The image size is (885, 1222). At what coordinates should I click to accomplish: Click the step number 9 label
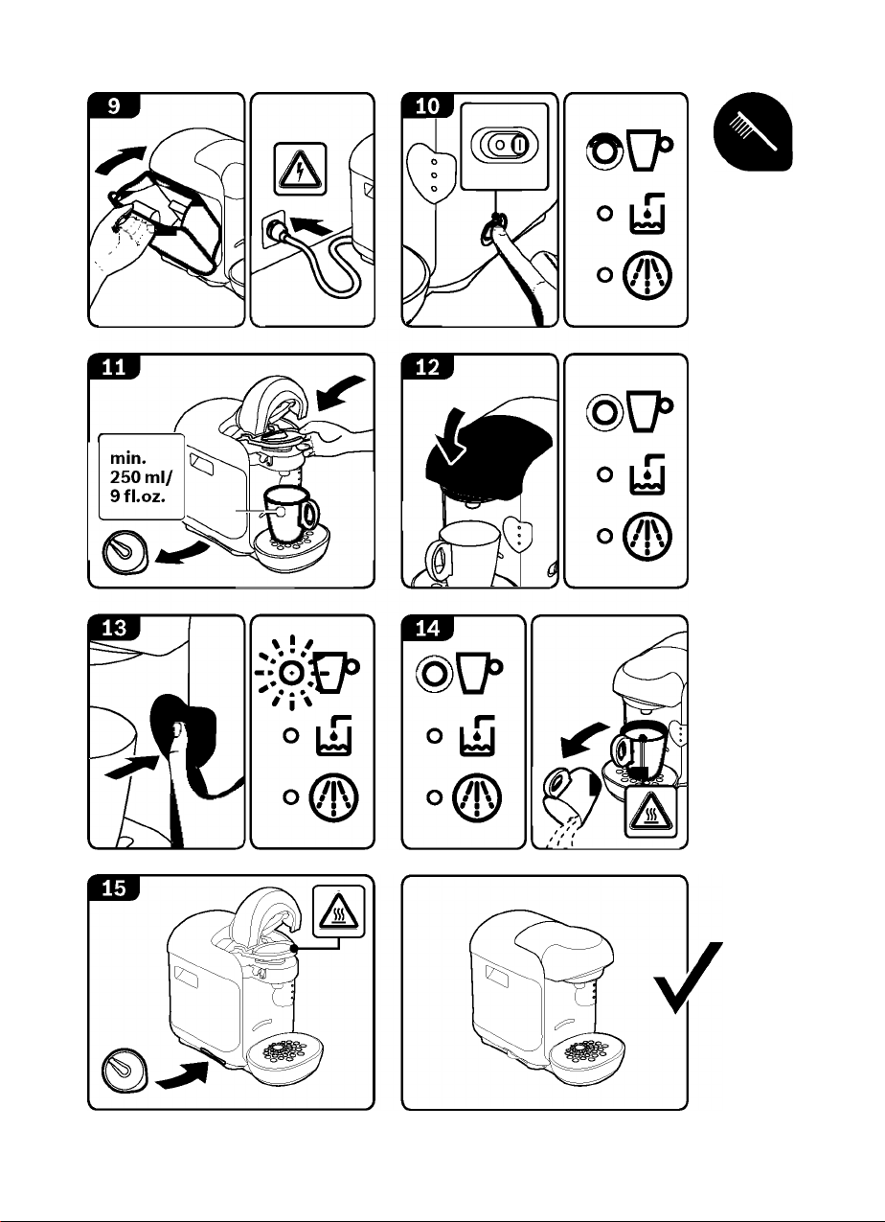pos(114,105)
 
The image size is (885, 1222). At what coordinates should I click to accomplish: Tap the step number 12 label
pos(427,366)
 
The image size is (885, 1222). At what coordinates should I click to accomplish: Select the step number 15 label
pos(114,888)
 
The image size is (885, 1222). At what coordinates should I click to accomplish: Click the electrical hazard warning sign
pos(300,169)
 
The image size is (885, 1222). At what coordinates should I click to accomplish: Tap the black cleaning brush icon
pos(753,131)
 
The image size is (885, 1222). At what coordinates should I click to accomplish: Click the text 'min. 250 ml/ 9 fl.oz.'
pos(141,476)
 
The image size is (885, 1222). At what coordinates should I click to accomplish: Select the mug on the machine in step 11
pos(290,515)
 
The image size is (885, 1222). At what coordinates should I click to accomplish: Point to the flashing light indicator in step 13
pos(292,673)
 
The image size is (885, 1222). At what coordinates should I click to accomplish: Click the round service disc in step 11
pos(125,551)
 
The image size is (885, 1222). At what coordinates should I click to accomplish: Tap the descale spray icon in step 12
pos(647,537)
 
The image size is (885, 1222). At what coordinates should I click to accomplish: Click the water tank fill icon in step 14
pos(476,735)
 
